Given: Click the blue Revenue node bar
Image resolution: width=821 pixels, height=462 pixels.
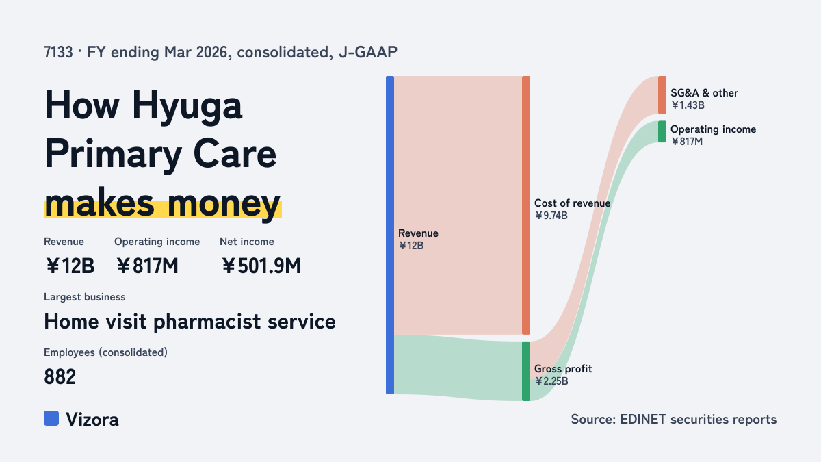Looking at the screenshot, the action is coord(390,235).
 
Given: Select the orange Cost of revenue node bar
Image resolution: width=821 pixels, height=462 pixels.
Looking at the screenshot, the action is coord(526,205).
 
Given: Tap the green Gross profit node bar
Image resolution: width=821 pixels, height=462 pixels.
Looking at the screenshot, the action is coord(526,371).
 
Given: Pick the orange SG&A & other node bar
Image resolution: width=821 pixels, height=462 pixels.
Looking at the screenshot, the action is coord(662,95).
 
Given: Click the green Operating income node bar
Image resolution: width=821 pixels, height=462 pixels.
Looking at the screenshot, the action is coord(662,131).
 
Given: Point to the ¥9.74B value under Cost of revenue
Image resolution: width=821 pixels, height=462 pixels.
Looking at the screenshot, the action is coord(551,215).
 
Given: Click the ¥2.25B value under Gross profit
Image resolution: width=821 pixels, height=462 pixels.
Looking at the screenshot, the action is coord(551,381).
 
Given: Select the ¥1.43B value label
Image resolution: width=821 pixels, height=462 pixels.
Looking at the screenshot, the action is coord(688,105).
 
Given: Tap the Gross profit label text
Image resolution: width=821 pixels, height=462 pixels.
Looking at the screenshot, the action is coord(563,368).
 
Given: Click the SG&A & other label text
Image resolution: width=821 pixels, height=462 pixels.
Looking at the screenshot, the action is coord(704,93).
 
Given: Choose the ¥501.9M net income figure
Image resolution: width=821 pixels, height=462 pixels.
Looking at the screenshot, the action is coord(261,266).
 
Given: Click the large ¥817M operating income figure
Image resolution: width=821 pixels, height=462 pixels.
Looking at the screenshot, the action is coord(147,266).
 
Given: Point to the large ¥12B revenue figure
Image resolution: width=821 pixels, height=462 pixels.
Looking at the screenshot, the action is coord(70,266).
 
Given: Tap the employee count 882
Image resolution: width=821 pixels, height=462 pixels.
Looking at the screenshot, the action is coord(60,376).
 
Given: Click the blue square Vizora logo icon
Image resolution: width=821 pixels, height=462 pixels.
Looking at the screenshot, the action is coord(51,418).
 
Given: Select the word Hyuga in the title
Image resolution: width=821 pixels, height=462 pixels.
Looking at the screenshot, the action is coord(187,106).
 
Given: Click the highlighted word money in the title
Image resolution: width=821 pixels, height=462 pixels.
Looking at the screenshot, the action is coord(224,203).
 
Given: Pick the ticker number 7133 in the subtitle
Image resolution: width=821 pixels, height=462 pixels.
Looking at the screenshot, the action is coord(58,52).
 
